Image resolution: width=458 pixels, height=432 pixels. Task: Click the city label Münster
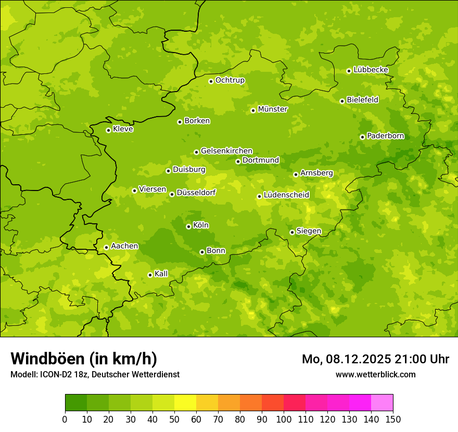pos(273,109)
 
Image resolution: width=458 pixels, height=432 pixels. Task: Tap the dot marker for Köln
pos(188,226)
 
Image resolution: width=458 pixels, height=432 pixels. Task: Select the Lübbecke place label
pos(371,70)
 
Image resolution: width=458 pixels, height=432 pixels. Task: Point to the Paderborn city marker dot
pos(362,137)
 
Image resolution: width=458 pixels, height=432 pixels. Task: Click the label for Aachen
pos(124,246)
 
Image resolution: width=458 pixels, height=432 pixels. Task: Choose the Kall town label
pos(161,274)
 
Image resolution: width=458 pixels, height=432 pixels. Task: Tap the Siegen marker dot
pos(292,232)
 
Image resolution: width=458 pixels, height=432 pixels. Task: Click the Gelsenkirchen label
pos(226,151)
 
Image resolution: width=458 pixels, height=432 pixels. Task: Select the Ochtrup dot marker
pos(211,81)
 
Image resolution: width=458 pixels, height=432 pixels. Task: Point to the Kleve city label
pos(123,129)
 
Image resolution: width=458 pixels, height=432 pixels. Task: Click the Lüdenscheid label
pos(286,195)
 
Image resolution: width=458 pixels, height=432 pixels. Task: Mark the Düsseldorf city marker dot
pos(172,194)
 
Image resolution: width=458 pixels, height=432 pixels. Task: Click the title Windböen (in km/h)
pos(83,359)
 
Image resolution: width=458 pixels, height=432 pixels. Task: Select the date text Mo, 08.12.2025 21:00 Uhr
pos(375,359)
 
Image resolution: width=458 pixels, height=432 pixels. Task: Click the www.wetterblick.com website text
pos(375,374)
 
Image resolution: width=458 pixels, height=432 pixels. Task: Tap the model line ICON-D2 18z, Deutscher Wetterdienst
pos(95,374)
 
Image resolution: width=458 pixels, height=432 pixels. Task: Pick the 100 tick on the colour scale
pos(284,420)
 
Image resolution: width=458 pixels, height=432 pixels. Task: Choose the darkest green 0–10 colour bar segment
pos(76,403)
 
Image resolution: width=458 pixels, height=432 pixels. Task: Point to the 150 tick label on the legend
pos(393,420)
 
